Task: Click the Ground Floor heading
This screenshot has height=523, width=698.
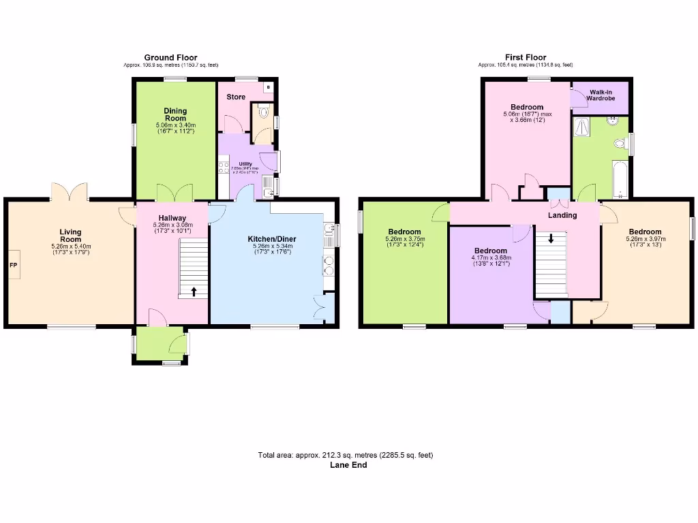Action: (170, 58)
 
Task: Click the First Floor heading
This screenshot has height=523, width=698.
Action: (525, 58)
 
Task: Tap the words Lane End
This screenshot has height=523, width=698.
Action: (348, 465)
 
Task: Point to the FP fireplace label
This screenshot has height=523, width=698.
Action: (14, 264)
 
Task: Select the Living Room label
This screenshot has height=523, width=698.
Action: (70, 236)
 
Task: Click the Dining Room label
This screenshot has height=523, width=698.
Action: (175, 114)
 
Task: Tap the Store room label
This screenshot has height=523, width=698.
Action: (236, 97)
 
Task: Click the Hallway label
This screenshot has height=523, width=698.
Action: (172, 218)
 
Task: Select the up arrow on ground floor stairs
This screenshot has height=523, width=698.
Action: (194, 291)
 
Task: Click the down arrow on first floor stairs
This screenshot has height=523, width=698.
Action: (551, 239)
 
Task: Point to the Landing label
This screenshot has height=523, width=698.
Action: (563, 215)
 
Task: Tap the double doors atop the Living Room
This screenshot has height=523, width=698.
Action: (70, 192)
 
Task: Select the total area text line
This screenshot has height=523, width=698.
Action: (345, 456)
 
